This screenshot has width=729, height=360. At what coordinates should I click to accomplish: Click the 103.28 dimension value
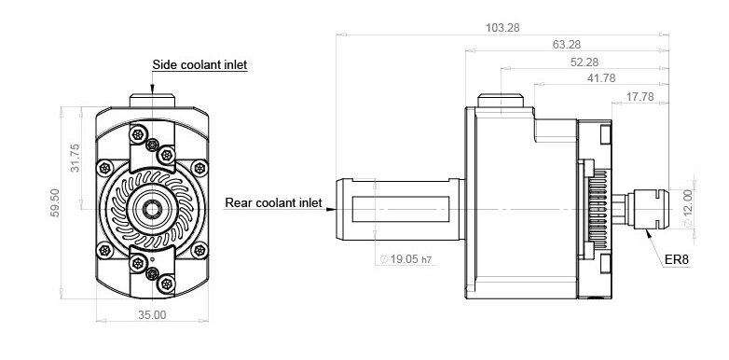pyautogui.click(x=502, y=28)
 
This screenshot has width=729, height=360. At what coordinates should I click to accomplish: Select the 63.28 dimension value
pyautogui.click(x=567, y=45)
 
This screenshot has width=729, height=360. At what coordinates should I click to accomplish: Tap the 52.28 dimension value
pyautogui.click(x=585, y=62)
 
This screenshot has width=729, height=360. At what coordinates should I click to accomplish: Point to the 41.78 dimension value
pyautogui.click(x=601, y=78)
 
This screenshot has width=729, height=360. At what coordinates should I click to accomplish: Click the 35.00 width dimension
pyautogui.click(x=152, y=315)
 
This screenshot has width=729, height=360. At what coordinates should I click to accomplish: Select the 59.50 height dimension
pyautogui.click(x=55, y=202)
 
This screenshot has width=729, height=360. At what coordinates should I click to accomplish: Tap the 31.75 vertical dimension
pyautogui.click(x=75, y=159)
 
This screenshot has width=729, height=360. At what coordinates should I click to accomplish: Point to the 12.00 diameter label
pyautogui.click(x=688, y=208)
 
